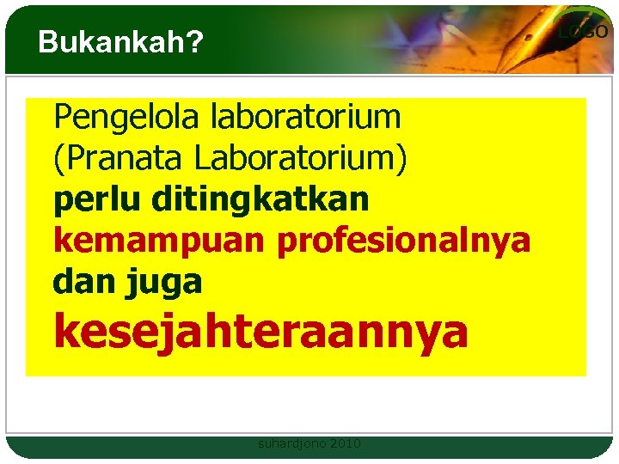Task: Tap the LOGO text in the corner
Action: coord(583,32)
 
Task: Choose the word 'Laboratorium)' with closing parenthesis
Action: coord(301,158)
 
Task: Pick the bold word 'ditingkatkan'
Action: coord(260,200)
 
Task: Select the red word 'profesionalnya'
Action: coord(403,241)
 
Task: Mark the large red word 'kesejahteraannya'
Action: coord(261,332)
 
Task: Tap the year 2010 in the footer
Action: coord(345,444)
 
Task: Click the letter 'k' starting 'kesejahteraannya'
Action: coord(66,332)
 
